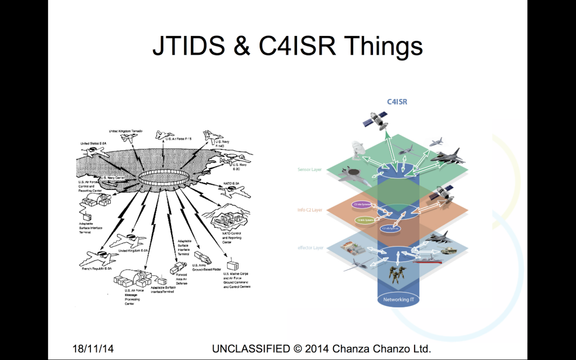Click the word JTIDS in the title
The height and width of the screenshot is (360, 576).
pos(189,46)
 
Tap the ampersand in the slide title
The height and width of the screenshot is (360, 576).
pos(242,46)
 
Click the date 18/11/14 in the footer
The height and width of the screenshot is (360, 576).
pos(93,348)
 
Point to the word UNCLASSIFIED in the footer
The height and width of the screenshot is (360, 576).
pos(251,348)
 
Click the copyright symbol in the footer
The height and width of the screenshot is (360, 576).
pos(298,348)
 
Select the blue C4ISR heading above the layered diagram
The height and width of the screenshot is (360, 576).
pos(397,102)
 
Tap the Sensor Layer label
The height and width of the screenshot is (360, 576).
pos(309,170)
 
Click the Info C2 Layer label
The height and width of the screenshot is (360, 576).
pos(310,210)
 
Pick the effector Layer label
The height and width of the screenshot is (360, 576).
pos(310,248)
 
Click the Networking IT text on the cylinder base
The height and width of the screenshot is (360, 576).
pos(399,300)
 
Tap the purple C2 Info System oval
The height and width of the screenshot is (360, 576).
pos(361,204)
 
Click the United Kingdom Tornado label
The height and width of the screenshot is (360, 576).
pos(126,131)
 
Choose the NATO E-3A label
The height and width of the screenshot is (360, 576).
pos(231,184)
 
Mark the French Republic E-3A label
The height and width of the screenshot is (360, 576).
pos(96,269)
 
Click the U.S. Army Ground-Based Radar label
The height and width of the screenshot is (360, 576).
pos(206,267)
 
